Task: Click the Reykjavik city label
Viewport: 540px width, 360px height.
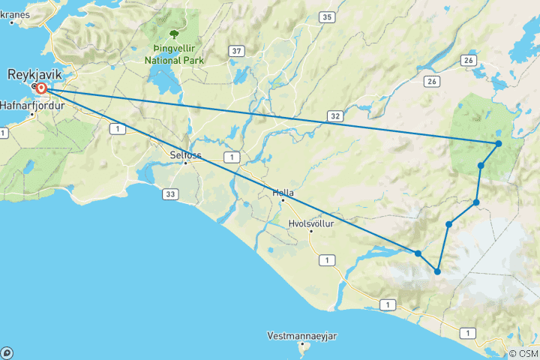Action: click(x=35, y=74)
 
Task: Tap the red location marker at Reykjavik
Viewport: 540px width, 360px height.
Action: click(x=42, y=88)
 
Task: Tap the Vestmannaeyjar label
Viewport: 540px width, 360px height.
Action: click(x=302, y=335)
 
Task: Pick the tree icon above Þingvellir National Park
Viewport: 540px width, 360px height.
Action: click(x=175, y=34)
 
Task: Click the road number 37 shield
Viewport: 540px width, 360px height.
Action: click(x=237, y=51)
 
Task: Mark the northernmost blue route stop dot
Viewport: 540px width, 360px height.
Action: click(x=498, y=143)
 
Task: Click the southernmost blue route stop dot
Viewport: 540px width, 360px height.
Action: click(x=437, y=271)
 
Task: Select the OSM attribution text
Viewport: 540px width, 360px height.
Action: click(x=523, y=353)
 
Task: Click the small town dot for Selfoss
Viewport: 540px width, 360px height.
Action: click(x=186, y=163)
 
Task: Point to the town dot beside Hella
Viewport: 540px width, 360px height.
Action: click(x=283, y=201)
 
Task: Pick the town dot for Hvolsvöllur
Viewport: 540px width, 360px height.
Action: click(x=310, y=232)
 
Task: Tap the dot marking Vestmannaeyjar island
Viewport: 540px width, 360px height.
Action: click(x=303, y=344)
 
